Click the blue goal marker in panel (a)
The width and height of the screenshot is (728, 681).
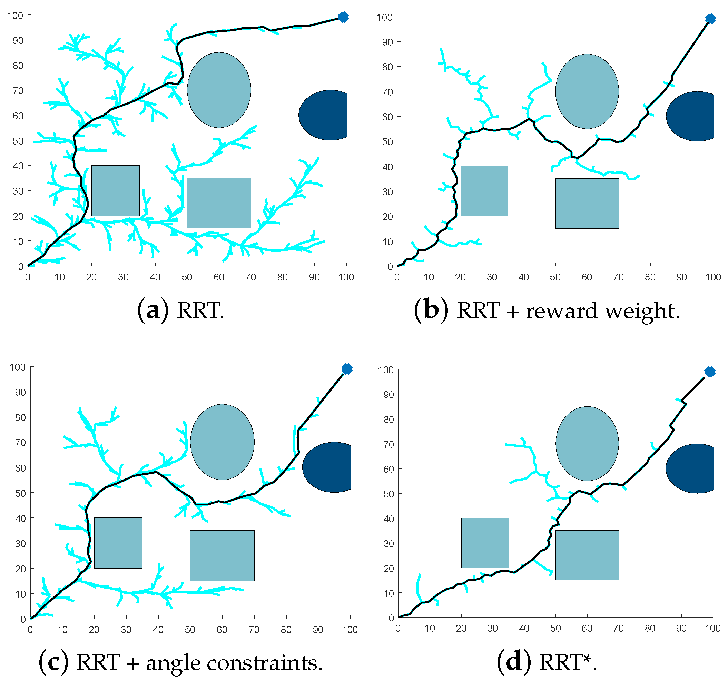click(343, 17)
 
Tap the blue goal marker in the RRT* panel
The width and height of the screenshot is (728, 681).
click(710, 372)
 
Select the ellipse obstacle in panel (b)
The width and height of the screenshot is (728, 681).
click(587, 91)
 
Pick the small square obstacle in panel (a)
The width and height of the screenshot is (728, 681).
click(115, 190)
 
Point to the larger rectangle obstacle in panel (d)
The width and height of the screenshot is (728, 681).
click(587, 555)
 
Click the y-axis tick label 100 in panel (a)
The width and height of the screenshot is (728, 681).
click(15, 16)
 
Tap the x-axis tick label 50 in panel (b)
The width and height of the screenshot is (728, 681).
click(555, 277)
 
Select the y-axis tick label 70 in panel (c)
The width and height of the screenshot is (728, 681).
click(20, 443)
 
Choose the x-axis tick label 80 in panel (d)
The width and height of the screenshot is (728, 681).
click(650, 628)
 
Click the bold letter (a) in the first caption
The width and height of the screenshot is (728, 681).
click(153, 310)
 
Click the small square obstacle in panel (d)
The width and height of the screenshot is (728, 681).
click(485, 543)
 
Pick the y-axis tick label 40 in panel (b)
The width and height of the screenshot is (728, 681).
click(387, 167)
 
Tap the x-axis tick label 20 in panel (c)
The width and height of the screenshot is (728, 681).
click(94, 630)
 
